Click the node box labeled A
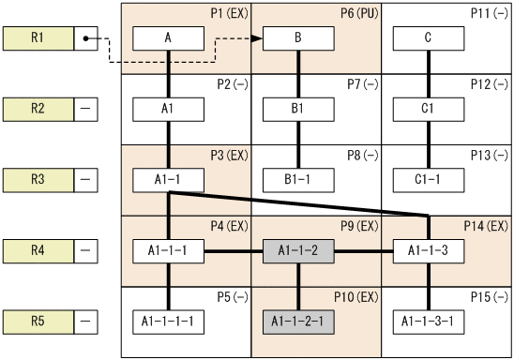tap(168, 38)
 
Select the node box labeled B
tap(298, 38)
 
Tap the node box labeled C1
tap(429, 109)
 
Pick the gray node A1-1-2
tap(298, 250)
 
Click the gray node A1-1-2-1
tap(298, 321)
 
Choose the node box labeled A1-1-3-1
tap(429, 321)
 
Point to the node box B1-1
tap(298, 178)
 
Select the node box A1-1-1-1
tap(168, 321)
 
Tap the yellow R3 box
tap(38, 178)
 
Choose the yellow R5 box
tap(38, 321)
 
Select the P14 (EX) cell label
tap(486, 226)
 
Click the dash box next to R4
tap(86, 250)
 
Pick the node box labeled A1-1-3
tap(429, 250)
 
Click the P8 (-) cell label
tap(363, 155)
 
